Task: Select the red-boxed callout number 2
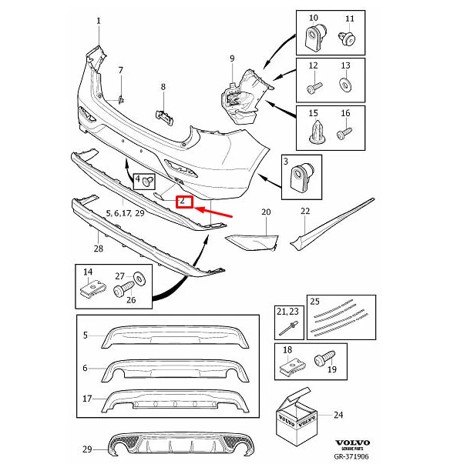pos(184,202)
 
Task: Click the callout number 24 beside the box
pos(338,416)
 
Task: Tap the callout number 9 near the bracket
pos(231,58)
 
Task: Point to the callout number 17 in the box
pos(87,399)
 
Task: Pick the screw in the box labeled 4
pos(150,182)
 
